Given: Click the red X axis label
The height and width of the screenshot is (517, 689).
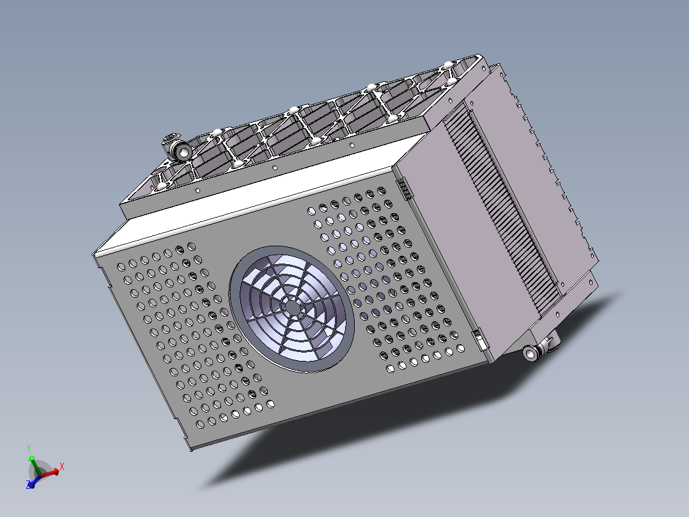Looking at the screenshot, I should click(62, 466).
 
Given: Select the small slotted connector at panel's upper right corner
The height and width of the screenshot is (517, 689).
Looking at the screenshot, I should click(405, 189).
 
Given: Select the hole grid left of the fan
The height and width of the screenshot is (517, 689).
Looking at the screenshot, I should click(185, 333).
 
